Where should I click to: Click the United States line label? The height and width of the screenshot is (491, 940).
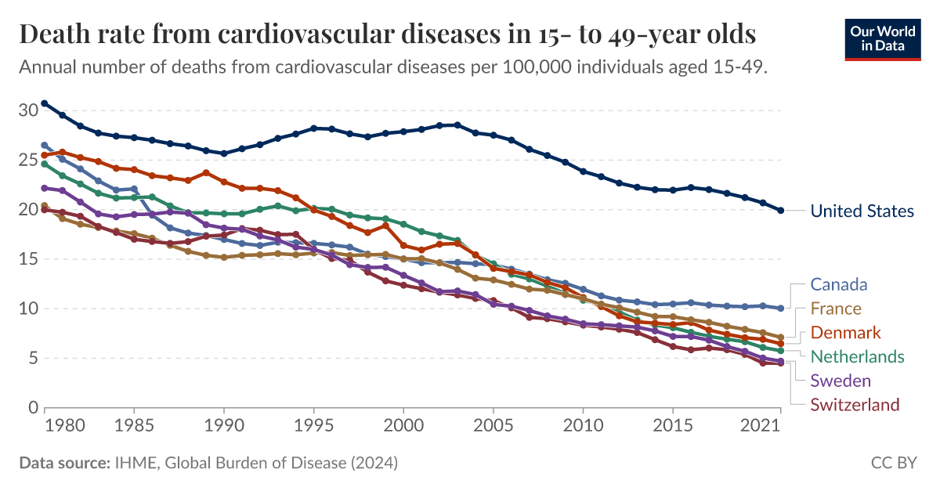click(862, 211)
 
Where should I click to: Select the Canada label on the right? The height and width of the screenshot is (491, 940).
click(839, 284)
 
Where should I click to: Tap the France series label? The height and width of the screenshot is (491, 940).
click(836, 309)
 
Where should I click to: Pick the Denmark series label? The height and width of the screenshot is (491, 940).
click(846, 333)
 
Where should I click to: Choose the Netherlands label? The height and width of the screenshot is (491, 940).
click(857, 356)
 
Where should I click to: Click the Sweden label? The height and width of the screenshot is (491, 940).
click(841, 381)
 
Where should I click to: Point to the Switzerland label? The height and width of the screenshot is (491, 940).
click(855, 405)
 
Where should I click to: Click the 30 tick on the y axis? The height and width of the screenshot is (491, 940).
click(27, 110)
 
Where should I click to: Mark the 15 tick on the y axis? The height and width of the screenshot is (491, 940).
click(27, 259)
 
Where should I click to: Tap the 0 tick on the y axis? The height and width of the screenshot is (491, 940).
click(33, 408)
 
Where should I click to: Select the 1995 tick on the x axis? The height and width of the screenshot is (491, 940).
click(313, 430)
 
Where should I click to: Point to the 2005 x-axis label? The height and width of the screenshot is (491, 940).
click(493, 430)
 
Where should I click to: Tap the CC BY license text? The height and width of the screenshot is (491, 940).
click(894, 464)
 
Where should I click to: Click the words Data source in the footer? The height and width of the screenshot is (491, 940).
click(63, 464)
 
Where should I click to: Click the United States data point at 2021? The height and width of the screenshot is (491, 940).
click(780, 211)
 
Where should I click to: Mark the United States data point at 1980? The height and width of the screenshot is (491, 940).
click(63, 115)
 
